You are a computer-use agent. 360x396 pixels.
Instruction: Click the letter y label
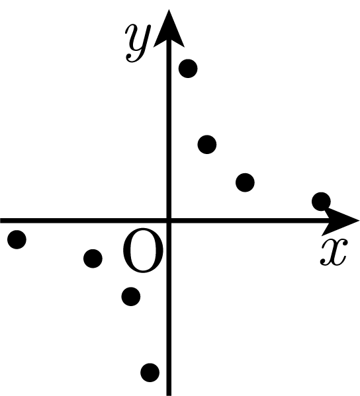138,43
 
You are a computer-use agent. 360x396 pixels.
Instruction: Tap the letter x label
334,253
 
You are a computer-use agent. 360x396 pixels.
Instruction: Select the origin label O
143,251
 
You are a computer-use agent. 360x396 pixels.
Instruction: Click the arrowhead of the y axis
169,28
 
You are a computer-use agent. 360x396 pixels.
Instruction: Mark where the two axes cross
169,220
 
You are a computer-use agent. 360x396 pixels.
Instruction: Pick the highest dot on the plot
188,69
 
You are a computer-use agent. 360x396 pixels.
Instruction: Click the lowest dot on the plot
150,372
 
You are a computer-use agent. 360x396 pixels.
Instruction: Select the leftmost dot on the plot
17,239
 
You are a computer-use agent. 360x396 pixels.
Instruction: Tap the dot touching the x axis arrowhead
321,202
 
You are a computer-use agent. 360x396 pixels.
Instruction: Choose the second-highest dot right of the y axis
207,145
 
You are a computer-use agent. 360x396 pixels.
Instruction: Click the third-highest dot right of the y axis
245,182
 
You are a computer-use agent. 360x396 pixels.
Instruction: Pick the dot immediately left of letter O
93,258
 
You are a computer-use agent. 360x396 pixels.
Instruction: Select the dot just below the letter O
131,296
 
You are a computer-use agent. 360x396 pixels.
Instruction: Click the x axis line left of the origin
83,220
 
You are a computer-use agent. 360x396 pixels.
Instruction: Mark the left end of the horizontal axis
1,220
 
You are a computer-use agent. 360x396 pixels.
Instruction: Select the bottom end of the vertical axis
169,395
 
